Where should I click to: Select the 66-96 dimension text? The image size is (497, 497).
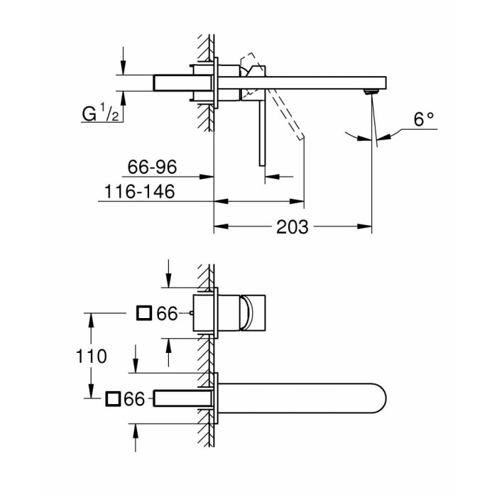pyautogui.click(x=153, y=168)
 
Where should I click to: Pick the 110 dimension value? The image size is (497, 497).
pyautogui.click(x=92, y=356)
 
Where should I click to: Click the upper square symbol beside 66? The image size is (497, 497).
pyautogui.click(x=145, y=313)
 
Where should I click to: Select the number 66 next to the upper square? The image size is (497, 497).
pyautogui.click(x=167, y=313)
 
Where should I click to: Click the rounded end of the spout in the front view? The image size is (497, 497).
pyautogui.click(x=376, y=399)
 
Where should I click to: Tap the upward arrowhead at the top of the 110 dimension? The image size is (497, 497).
pyautogui.click(x=92, y=317)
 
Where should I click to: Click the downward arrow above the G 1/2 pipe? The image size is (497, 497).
pyautogui.click(x=124, y=67)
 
